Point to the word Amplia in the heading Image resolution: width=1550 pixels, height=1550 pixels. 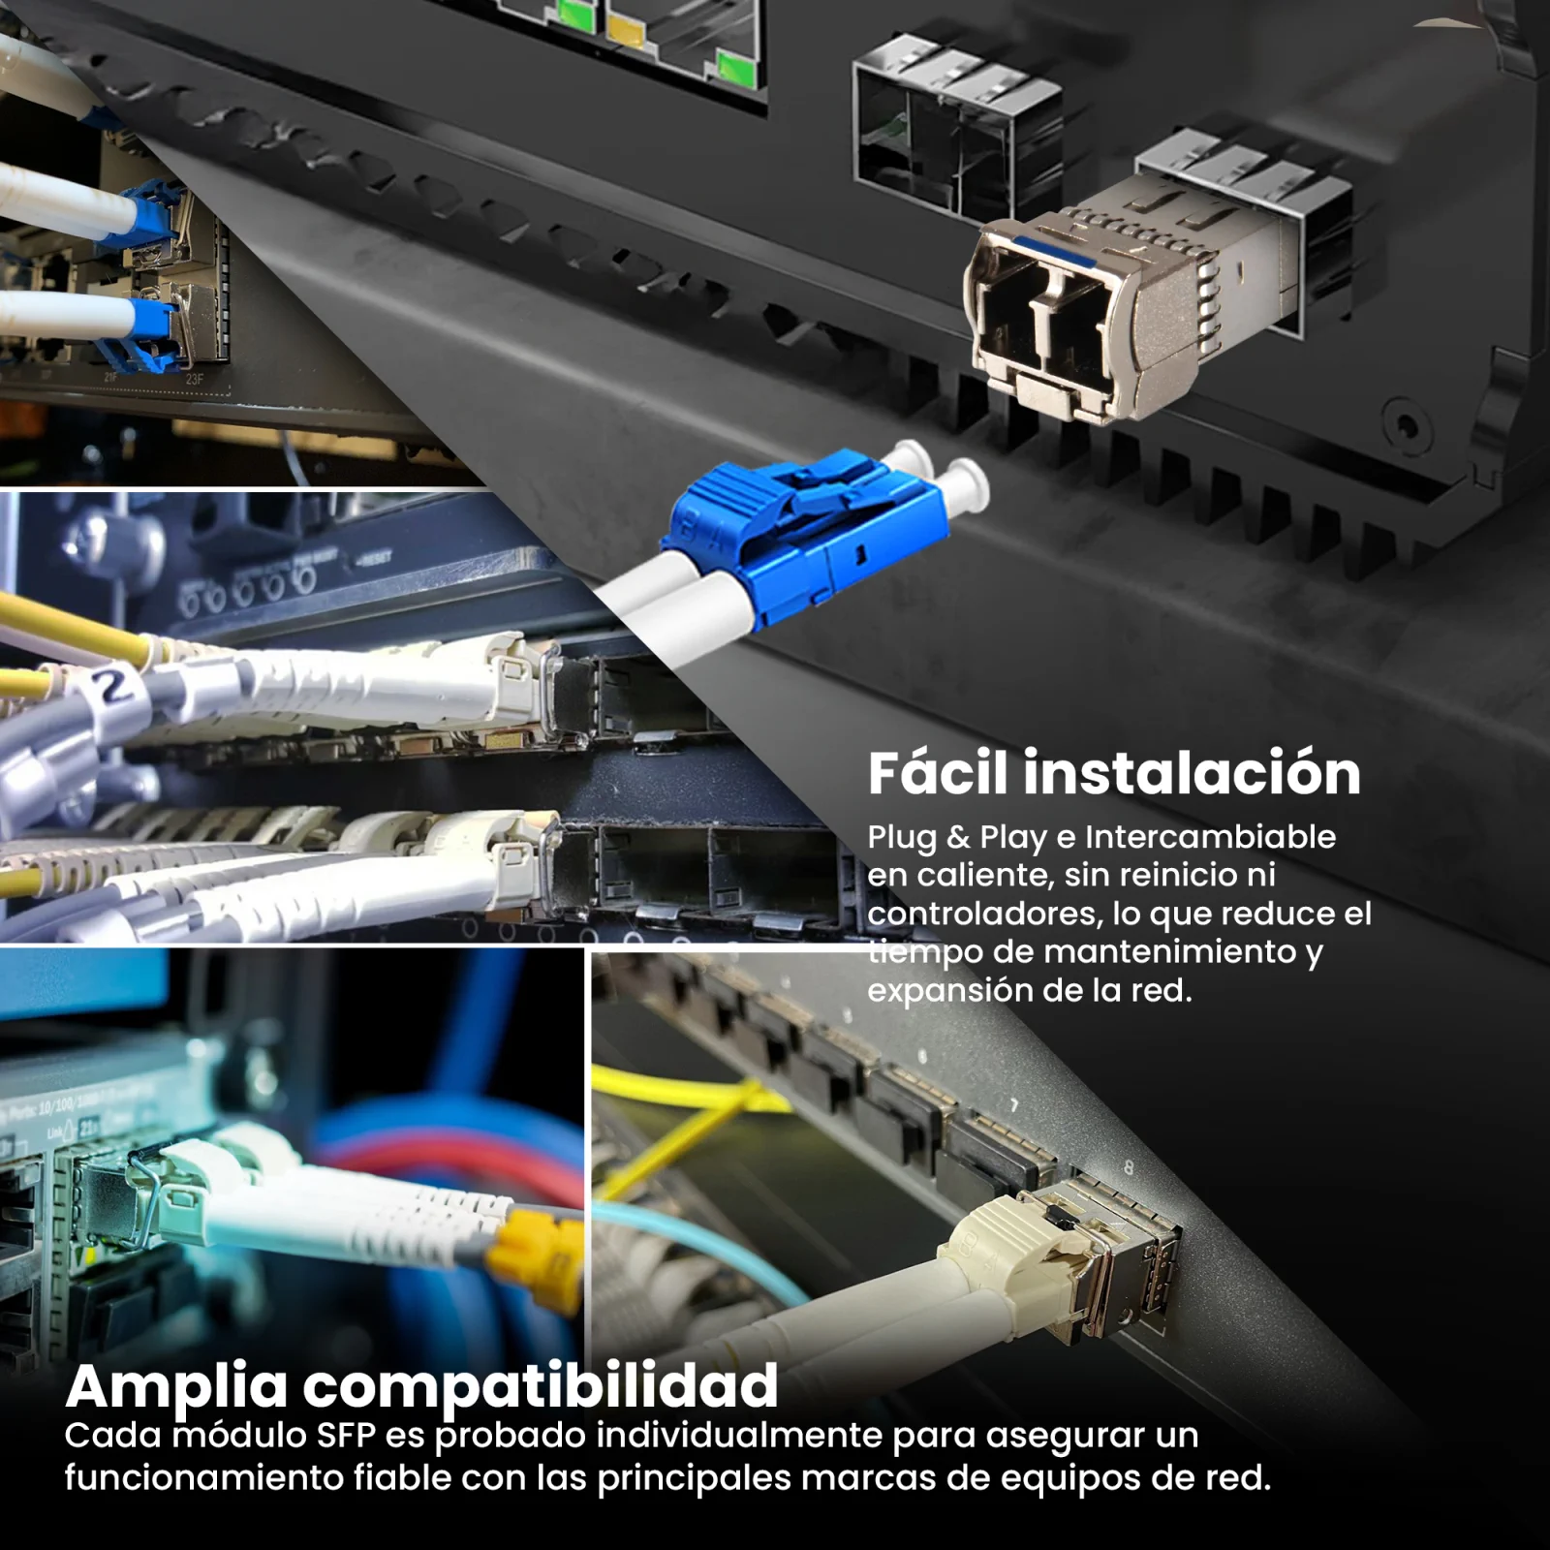[x=178, y=1387]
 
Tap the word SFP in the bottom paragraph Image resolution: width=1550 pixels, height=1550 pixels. [x=346, y=1436]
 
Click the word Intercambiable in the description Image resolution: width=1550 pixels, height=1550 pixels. [x=1210, y=837]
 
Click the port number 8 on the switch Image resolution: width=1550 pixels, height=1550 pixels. [x=1129, y=1168]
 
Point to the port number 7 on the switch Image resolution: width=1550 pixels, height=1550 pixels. [x=1014, y=1105]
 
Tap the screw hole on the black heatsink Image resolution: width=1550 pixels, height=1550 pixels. [x=1405, y=423]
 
